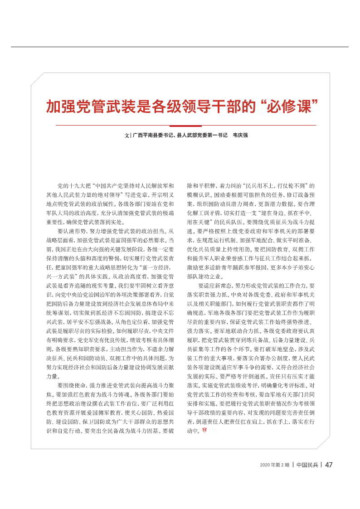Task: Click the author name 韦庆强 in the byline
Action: coord(240,135)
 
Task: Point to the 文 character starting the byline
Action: coord(126,135)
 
